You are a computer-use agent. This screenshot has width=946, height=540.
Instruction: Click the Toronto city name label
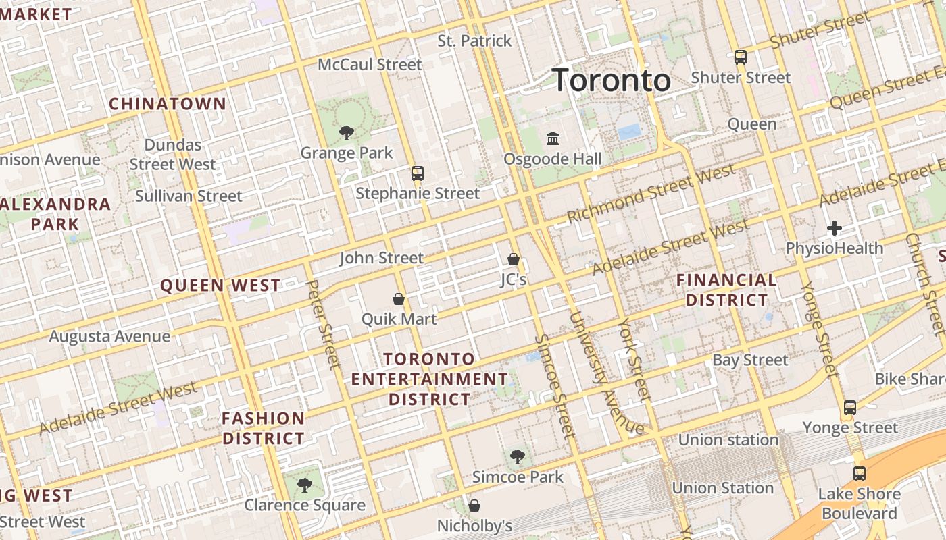pos(612,80)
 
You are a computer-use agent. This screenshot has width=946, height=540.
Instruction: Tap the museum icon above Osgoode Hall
pos(553,139)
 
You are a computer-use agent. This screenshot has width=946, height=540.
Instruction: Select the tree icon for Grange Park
pos(347,132)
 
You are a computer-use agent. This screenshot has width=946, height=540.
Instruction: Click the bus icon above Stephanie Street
pos(418,173)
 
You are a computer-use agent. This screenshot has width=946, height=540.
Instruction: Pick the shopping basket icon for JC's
pos(514,259)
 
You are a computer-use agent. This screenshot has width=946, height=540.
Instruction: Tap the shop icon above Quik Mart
pos(399,299)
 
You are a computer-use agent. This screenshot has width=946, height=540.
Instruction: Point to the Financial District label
pos(726,290)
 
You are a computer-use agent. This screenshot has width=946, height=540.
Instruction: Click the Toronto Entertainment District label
pos(429,379)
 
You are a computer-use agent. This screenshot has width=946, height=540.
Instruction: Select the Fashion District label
pos(264,428)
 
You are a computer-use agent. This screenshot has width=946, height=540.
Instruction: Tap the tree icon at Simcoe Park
pos(518,457)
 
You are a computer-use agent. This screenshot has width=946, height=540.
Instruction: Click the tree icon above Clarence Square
pos(305,485)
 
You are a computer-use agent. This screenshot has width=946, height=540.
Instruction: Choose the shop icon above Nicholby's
pos(474,506)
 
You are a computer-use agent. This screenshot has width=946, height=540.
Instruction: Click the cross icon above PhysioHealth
pos(835,228)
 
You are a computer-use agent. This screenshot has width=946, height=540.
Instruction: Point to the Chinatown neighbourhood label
pos(168,104)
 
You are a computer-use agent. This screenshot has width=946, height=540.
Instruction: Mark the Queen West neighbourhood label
pos(220,286)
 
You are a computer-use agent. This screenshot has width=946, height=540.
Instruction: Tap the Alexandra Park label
pos(55,214)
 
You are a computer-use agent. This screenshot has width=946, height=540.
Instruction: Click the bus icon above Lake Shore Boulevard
pos(859,474)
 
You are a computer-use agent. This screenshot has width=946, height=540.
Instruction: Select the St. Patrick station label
pos(474,41)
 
